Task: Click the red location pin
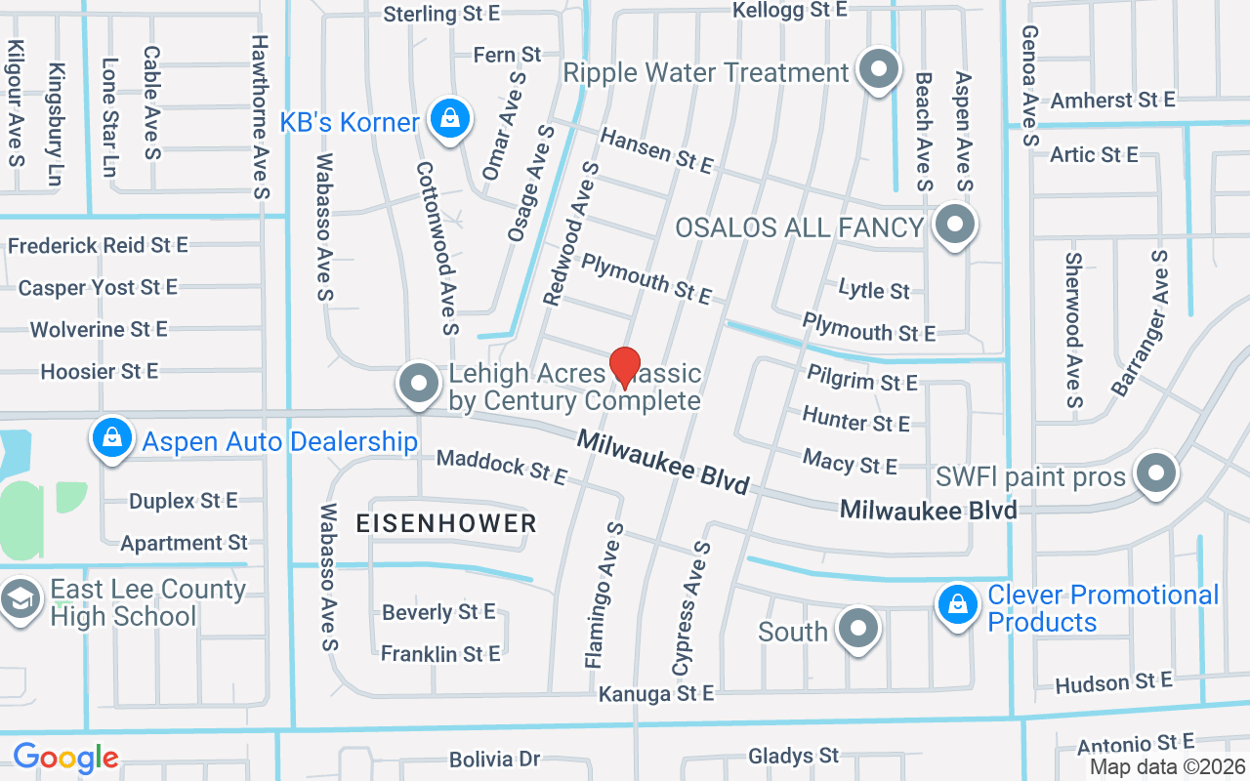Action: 625,367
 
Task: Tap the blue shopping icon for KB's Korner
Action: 448,119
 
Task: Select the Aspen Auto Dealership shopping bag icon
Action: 113,438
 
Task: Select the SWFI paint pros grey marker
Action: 1156,473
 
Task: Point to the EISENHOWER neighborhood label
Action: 446,523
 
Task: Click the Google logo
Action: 65,758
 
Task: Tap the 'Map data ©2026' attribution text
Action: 1167,767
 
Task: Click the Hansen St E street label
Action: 656,151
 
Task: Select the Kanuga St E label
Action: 656,694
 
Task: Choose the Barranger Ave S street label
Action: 1140,323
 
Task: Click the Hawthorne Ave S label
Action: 260,117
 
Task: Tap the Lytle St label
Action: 874,290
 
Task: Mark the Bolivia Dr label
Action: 494,760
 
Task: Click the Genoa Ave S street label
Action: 1028,86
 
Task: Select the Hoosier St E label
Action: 100,371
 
